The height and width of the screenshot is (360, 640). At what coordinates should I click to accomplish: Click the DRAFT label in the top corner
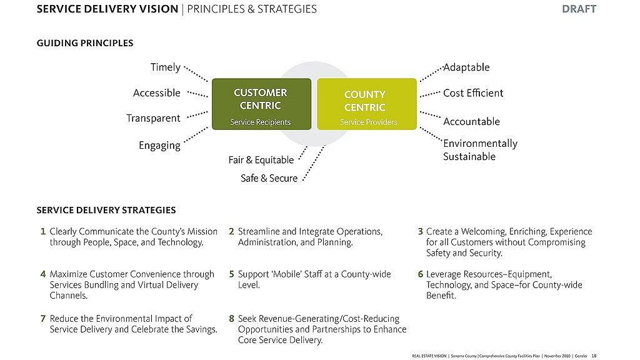[578, 9]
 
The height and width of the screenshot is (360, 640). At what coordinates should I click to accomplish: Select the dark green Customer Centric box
[261, 104]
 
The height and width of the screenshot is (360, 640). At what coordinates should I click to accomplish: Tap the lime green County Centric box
[366, 104]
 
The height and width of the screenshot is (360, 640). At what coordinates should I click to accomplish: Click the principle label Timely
[166, 67]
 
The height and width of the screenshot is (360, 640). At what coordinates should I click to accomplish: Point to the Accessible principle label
[157, 93]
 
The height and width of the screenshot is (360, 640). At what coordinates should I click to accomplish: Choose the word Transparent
[153, 118]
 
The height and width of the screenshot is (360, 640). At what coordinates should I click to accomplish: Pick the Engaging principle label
[159, 146]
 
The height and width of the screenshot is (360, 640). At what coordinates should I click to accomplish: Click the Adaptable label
[466, 67]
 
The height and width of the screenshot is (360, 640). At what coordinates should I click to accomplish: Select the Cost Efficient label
[473, 93]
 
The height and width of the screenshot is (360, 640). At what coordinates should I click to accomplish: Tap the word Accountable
[471, 121]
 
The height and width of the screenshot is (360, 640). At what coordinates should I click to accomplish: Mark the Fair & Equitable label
[261, 160]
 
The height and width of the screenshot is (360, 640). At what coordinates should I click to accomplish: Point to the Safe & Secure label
[269, 179]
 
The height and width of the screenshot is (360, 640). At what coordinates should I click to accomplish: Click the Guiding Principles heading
[85, 43]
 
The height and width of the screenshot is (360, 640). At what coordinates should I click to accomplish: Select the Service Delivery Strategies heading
[106, 210]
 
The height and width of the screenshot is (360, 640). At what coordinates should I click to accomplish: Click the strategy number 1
[42, 231]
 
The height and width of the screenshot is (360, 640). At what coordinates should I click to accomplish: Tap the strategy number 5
[231, 274]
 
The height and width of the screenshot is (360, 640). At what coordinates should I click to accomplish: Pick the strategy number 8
[231, 319]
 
